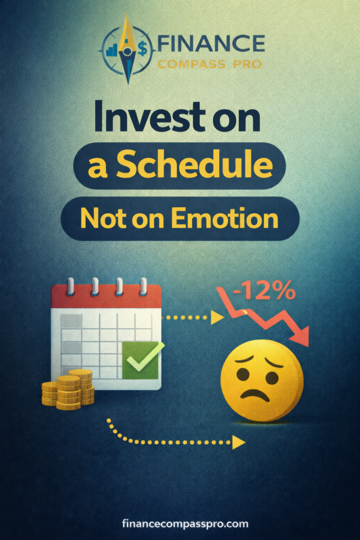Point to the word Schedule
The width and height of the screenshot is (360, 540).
(x=194, y=166)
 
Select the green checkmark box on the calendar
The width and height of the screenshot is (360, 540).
(x=140, y=360)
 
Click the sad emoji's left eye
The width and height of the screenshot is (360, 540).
(x=243, y=374)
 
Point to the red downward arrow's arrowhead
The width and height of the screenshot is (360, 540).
(x=301, y=337)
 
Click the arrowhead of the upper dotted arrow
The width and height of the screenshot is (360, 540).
(x=217, y=317)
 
